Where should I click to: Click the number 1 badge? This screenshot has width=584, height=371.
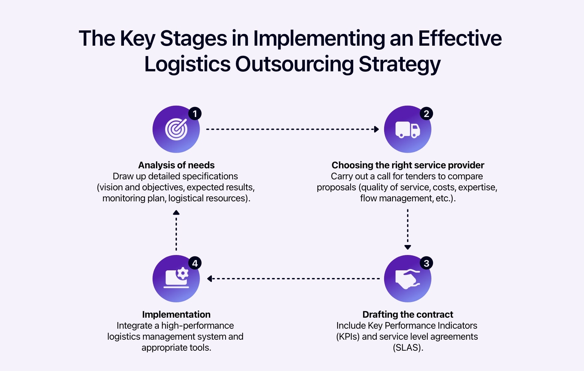[195, 114]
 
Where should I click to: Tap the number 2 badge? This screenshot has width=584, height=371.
[426, 114]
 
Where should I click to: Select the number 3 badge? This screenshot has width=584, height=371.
[426, 263]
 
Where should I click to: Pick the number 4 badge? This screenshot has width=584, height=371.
[195, 263]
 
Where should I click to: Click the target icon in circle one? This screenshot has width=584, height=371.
[176, 129]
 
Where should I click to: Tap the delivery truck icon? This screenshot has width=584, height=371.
[407, 130]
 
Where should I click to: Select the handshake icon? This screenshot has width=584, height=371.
[407, 279]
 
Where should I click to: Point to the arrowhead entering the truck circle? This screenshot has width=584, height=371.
[376, 129]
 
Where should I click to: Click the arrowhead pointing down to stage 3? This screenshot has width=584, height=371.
[407, 247]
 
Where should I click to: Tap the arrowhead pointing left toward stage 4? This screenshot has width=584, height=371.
[210, 279]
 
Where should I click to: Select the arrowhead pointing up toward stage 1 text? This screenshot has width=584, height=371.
[176, 213]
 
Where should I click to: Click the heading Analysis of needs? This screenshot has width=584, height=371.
[176, 165]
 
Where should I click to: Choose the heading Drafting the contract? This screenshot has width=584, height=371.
[407, 314]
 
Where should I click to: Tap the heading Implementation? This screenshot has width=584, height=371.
[176, 314]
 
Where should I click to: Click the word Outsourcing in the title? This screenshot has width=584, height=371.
[294, 64]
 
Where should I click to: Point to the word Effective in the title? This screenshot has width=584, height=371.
[460, 38]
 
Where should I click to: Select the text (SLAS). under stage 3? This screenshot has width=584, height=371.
[408, 347]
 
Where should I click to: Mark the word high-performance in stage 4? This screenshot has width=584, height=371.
[198, 325]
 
